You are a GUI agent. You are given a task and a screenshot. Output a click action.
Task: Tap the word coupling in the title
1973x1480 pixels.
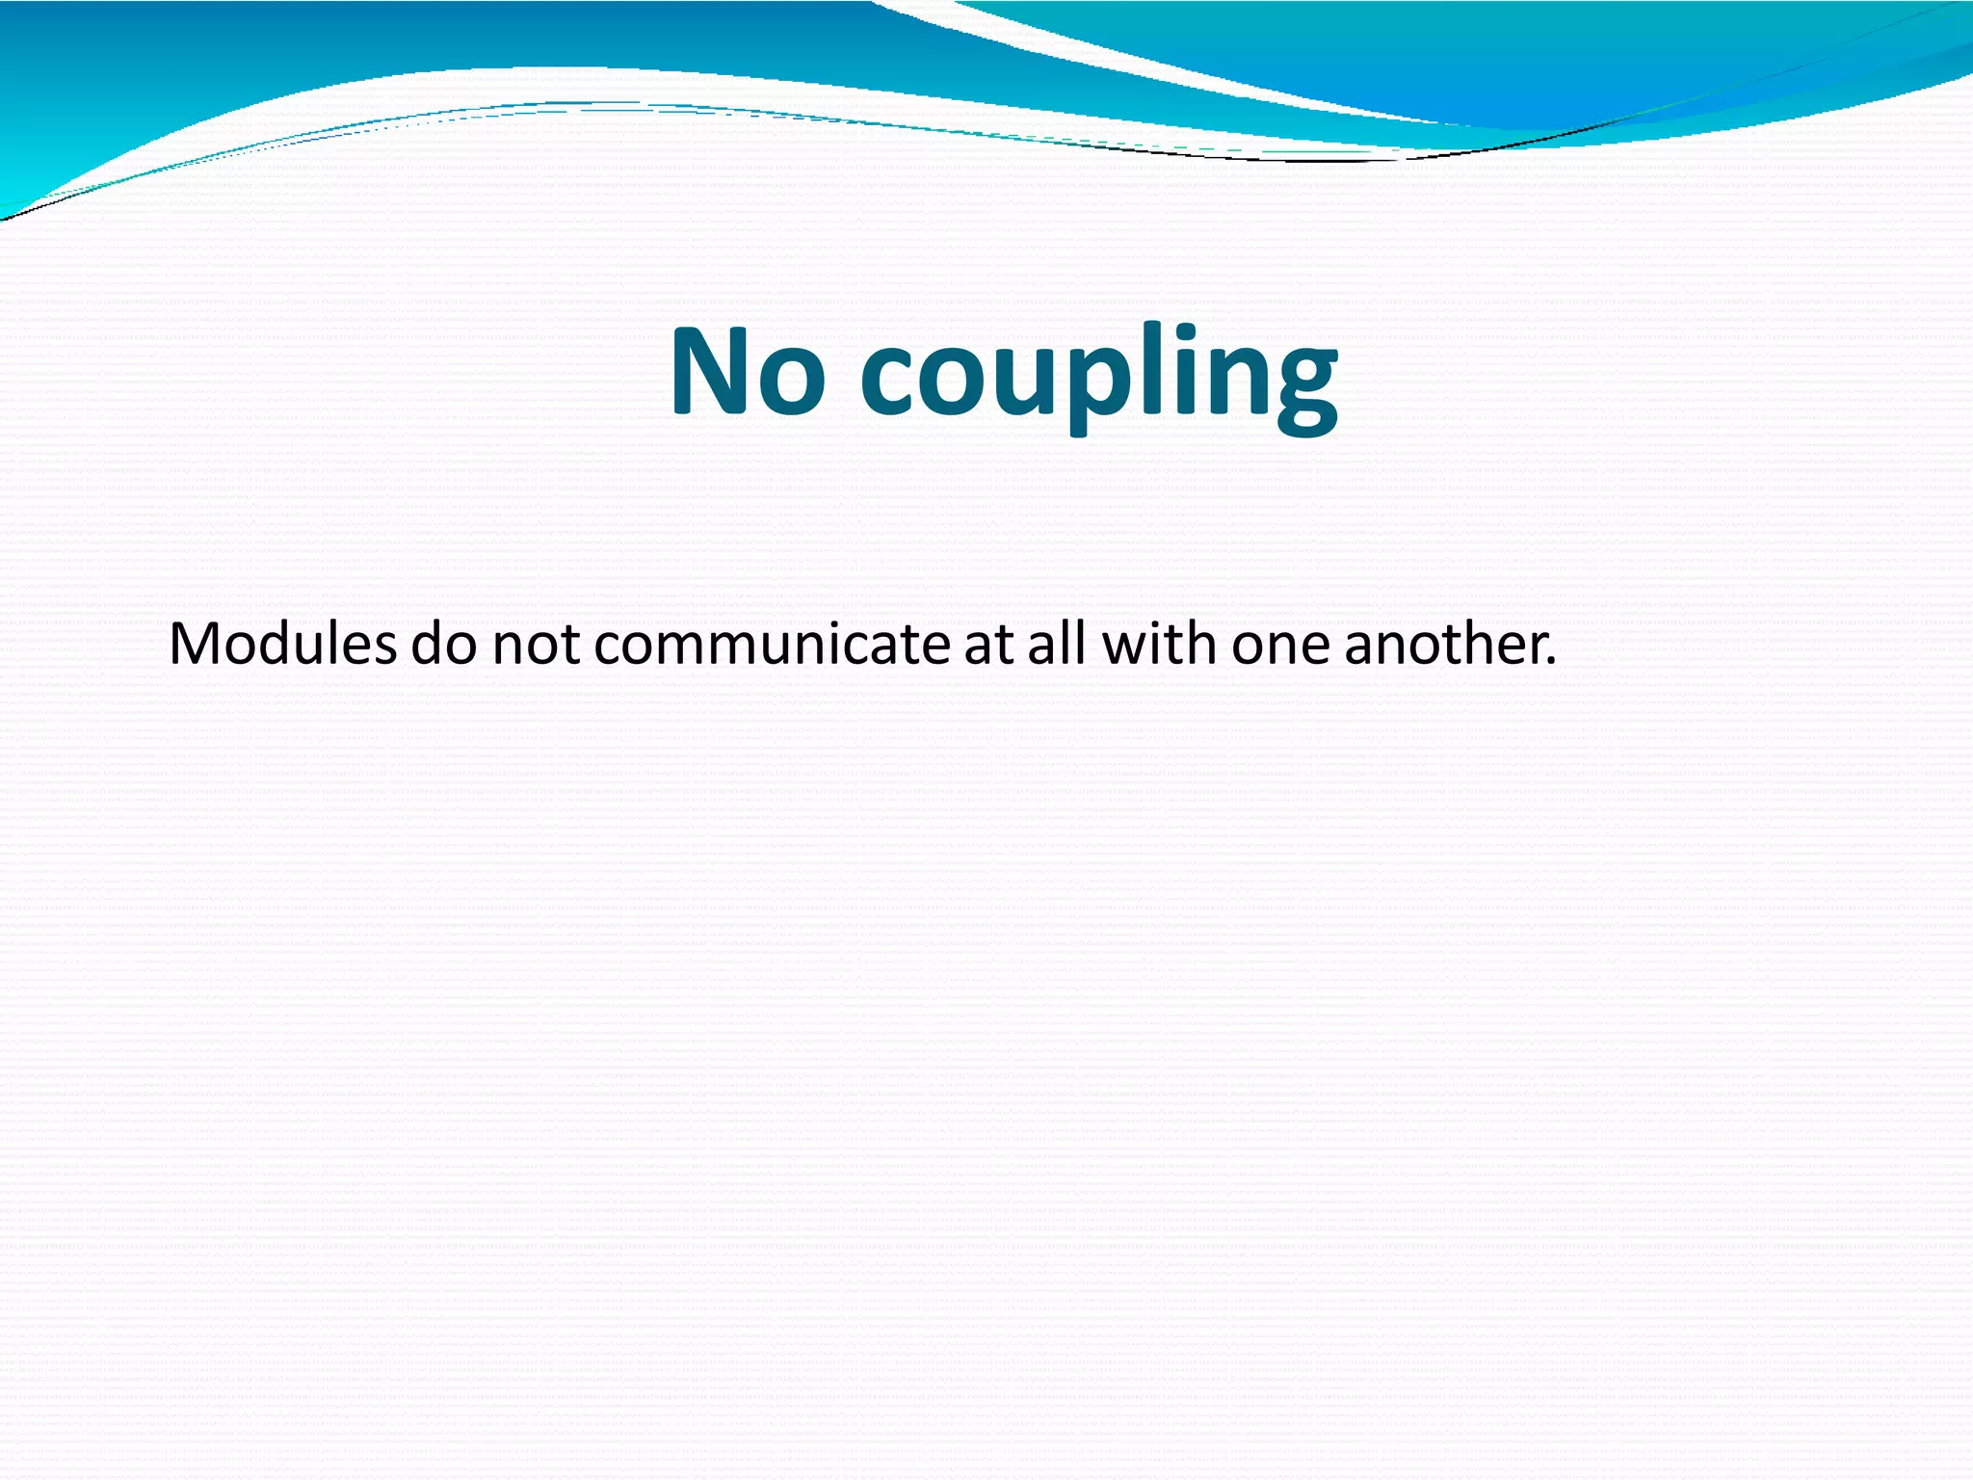tap(1097, 376)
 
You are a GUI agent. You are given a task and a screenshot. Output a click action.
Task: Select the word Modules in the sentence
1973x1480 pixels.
tap(282, 644)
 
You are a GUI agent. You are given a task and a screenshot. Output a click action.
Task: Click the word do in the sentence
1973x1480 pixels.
tap(444, 644)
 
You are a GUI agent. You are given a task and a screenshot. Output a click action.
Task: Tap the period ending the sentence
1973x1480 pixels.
tap(1550, 664)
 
